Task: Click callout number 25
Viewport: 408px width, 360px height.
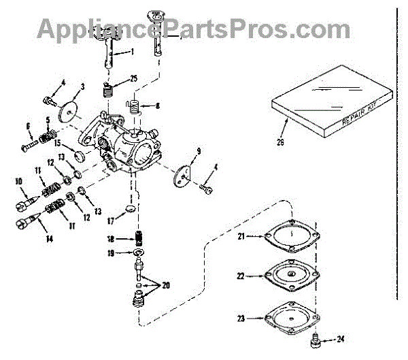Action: pyautogui.click(x=133, y=79)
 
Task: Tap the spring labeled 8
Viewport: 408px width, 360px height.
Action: pyautogui.click(x=134, y=108)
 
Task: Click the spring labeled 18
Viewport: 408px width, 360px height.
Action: pyautogui.click(x=139, y=239)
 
